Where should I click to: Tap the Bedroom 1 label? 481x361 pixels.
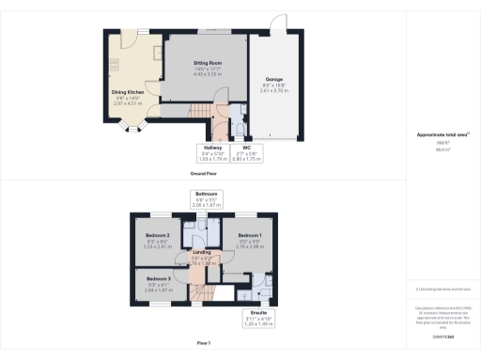(249, 234)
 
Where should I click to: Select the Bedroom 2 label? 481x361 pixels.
(159, 234)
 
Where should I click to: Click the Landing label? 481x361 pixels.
(201, 251)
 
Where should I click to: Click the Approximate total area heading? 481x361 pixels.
(442, 135)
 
